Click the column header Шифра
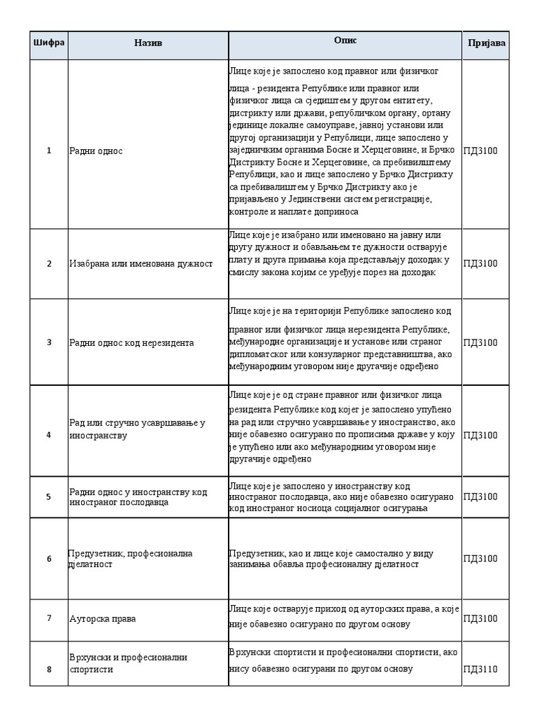pyautogui.click(x=48, y=43)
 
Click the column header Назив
pyautogui.click(x=148, y=43)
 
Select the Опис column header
pyautogui.click(x=345, y=41)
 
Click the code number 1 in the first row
pyautogui.click(x=49, y=151)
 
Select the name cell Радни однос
pyautogui.click(x=96, y=151)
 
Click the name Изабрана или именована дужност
pyautogui.click(x=141, y=264)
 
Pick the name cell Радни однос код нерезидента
pyautogui.click(x=131, y=342)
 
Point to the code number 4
pyautogui.click(x=49, y=435)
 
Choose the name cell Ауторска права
pyautogui.click(x=103, y=618)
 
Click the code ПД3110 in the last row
pyautogui.click(x=480, y=669)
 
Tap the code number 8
pyautogui.click(x=49, y=669)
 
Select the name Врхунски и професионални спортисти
pyautogui.click(x=128, y=663)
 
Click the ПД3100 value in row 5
pyautogui.click(x=480, y=496)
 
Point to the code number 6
pyautogui.click(x=49, y=559)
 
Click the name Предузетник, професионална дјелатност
pyautogui.click(x=130, y=559)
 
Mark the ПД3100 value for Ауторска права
pyautogui.click(x=480, y=618)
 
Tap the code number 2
pyautogui.click(x=49, y=264)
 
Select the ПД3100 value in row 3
pyautogui.click(x=480, y=342)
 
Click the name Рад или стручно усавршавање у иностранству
pyautogui.click(x=137, y=429)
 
